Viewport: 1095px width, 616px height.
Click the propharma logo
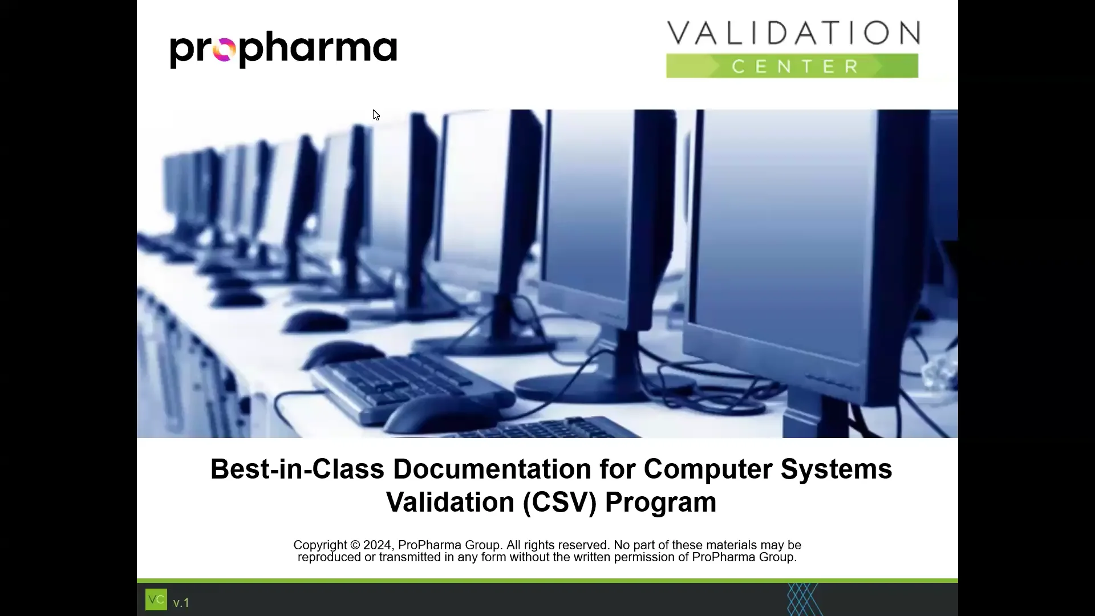coord(283,50)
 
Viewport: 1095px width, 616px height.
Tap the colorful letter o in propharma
coord(224,50)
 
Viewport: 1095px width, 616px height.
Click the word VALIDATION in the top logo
coord(793,33)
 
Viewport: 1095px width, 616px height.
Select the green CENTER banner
coord(793,66)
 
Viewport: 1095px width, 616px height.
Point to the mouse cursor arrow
coord(376,115)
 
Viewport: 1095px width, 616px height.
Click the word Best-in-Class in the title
coord(297,469)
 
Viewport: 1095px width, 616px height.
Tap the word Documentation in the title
coord(492,469)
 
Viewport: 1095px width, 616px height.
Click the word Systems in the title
coord(836,469)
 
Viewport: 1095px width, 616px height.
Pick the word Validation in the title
coord(450,502)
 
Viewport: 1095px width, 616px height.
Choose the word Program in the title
coord(660,502)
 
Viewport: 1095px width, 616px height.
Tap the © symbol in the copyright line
coord(355,545)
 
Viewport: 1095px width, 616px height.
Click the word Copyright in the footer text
coord(320,545)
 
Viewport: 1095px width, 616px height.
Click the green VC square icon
coord(156,599)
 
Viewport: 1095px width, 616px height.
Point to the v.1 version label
coord(181,603)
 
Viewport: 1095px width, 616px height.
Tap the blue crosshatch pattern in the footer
coord(803,599)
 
